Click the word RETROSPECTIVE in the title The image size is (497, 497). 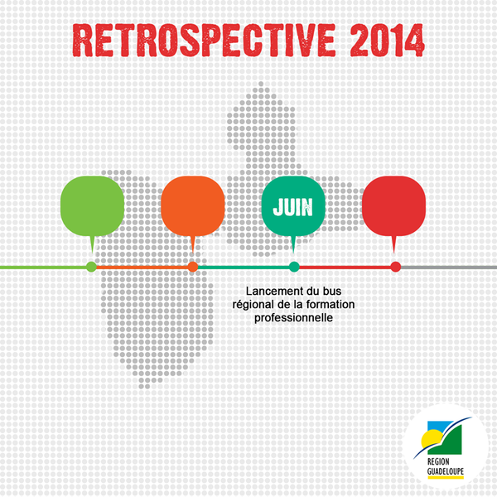(204, 41)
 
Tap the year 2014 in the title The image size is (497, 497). (388, 41)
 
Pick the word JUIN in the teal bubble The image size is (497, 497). (293, 207)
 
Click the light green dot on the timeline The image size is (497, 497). (91, 267)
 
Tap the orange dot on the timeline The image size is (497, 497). (193, 267)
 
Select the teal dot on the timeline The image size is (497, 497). (294, 267)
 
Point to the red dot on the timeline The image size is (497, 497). (396, 267)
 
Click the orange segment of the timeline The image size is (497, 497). (142, 268)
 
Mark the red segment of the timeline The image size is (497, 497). (345, 268)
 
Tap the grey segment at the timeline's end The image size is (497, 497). (449, 268)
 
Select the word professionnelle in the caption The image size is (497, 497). (293, 317)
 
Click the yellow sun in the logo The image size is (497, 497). (432, 438)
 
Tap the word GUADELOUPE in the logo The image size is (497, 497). (446, 470)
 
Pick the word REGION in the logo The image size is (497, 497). (438, 461)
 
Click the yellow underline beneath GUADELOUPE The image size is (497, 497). (446, 477)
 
